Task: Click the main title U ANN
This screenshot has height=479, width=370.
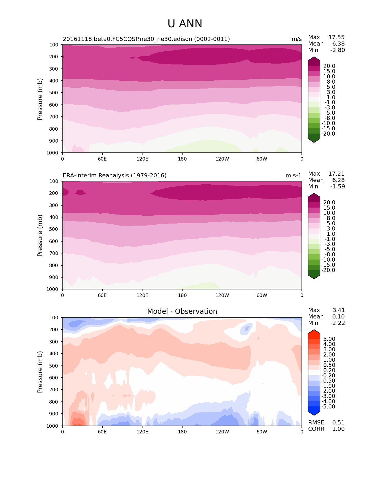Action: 185,24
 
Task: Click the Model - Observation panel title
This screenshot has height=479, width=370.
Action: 182,311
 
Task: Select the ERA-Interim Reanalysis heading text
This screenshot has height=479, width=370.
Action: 115,176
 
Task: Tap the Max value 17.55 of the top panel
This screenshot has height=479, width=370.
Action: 336,37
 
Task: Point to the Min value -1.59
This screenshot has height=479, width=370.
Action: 337,187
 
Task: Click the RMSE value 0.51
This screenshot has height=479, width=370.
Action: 338,423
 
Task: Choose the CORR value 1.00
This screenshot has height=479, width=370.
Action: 338,429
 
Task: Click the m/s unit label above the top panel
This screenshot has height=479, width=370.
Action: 297,39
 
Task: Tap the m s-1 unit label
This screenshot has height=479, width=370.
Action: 293,176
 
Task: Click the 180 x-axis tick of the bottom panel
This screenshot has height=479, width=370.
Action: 182,432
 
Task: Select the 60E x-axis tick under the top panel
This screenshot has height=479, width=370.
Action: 102,159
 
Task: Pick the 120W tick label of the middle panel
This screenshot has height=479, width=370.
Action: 222,296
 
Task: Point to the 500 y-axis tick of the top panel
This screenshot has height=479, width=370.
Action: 54,93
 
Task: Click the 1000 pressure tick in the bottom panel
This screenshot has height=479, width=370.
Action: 53,426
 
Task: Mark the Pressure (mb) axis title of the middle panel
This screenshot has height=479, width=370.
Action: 40,235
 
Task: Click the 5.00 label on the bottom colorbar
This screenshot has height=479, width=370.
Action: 329,339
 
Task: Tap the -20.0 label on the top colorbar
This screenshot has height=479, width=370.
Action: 329,134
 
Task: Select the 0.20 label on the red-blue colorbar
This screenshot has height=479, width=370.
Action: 329,370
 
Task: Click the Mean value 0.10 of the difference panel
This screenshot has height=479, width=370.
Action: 338,317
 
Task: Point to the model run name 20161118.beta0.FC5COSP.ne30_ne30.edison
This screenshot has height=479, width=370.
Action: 146,39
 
